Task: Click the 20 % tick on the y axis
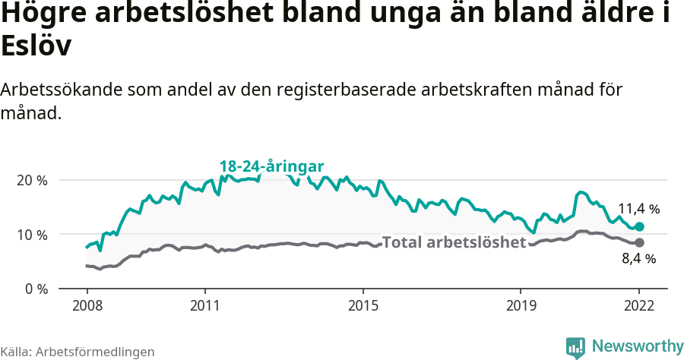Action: (31, 181)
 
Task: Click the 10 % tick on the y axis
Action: (31, 235)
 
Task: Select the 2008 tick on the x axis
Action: (87, 306)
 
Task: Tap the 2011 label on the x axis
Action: (204, 306)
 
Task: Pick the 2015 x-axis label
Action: (363, 306)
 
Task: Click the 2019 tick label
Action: (520, 306)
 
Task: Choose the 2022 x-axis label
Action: (639, 306)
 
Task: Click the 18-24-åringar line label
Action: (272, 166)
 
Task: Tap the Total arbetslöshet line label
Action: (454, 242)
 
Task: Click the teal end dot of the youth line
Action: (639, 226)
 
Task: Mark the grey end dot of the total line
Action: (639, 242)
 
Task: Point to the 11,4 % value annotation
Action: (638, 208)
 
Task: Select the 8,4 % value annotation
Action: (638, 259)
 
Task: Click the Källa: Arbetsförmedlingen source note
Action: (78, 352)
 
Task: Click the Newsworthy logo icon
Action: (575, 347)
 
